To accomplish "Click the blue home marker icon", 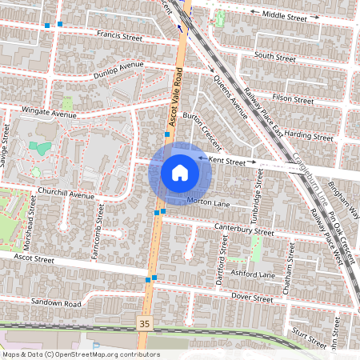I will click(179, 172).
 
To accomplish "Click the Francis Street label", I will click(118, 37).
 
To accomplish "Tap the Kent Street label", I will click(226, 161).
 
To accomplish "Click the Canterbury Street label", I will click(245, 230).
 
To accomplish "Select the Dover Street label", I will click(252, 297).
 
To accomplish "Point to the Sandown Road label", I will click(56, 304).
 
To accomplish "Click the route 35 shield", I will click(144, 324).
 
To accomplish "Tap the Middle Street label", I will click(284, 15).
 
